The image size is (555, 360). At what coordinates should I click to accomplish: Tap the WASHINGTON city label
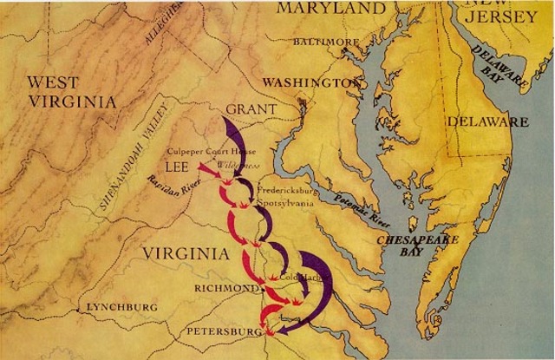pyautogui.click(x=311, y=82)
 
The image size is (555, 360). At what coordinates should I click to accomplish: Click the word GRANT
pyautogui.click(x=251, y=109)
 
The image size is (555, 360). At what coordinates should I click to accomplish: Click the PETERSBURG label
pyautogui.click(x=223, y=331)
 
